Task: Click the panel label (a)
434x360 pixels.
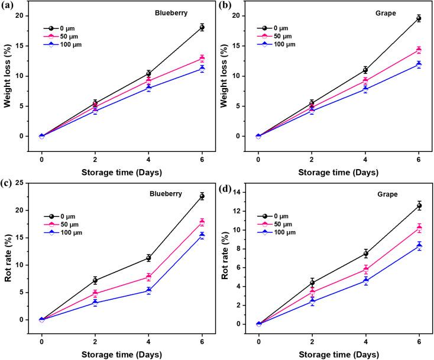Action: tap(9, 7)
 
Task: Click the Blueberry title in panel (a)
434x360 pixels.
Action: tap(156, 12)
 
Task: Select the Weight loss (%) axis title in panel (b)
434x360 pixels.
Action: tap(227, 76)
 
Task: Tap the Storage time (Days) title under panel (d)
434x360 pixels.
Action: tap(338, 353)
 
